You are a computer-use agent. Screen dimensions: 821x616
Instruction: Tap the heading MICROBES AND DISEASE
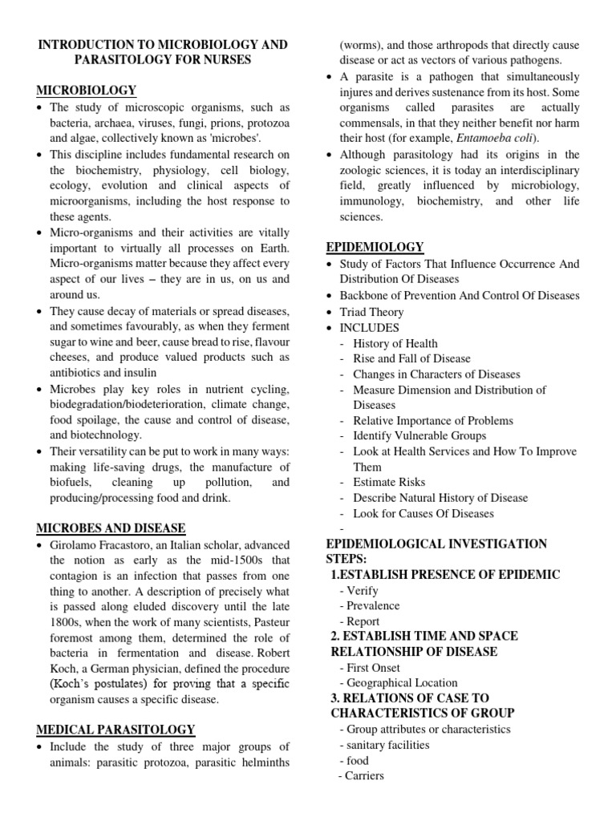[111, 528]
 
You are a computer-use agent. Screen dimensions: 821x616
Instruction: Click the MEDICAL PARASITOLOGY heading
[115, 729]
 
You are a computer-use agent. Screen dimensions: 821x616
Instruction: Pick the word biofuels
[71, 483]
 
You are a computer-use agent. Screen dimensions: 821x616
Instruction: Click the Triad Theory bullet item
[372, 312]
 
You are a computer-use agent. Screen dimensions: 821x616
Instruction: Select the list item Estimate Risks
[389, 483]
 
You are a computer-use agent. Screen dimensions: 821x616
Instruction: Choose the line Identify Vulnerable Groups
[419, 436]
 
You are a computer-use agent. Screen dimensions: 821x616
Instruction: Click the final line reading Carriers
[364, 775]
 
